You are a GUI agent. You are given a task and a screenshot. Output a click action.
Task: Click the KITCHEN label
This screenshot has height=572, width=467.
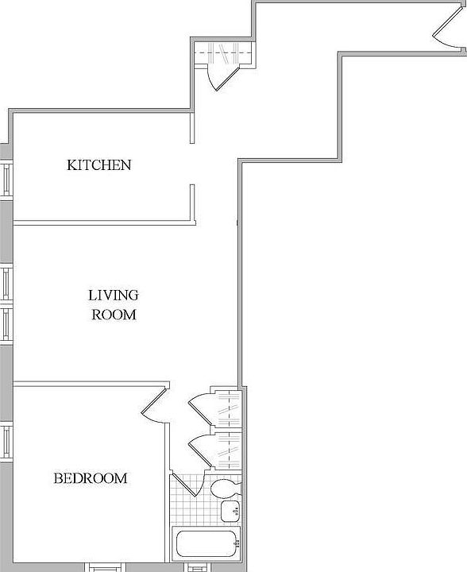pyautogui.click(x=98, y=165)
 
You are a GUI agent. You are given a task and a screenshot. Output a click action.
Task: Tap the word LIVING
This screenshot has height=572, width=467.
pyautogui.click(x=113, y=295)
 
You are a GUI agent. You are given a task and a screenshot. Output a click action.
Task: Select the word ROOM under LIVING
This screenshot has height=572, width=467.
pyautogui.click(x=114, y=315)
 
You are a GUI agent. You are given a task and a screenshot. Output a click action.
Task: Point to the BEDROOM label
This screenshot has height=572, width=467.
pyautogui.click(x=90, y=478)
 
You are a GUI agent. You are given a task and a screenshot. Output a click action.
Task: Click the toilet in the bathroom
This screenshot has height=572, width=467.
pyautogui.click(x=222, y=486)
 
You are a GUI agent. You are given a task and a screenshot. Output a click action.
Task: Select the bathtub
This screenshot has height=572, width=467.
pyautogui.click(x=206, y=544)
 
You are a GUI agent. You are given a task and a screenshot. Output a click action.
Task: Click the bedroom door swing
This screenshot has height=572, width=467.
pyautogui.click(x=154, y=404)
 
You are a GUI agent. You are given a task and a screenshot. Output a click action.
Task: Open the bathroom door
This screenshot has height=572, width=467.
pyautogui.click(x=185, y=483)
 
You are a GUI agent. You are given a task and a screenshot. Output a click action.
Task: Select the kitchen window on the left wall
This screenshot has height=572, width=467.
pyautogui.click(x=6, y=180)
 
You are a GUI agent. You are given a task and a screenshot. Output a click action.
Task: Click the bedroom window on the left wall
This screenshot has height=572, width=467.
pyautogui.click(x=6, y=441)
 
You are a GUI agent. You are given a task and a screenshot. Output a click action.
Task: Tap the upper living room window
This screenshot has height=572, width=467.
pyautogui.click(x=6, y=282)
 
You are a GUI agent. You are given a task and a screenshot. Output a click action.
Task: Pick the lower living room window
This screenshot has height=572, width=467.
pyautogui.click(x=6, y=326)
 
